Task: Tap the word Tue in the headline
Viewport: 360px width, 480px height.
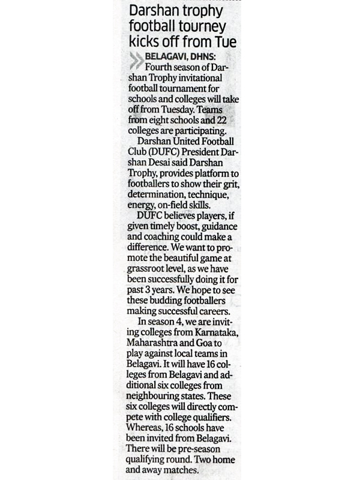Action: click(224, 43)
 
